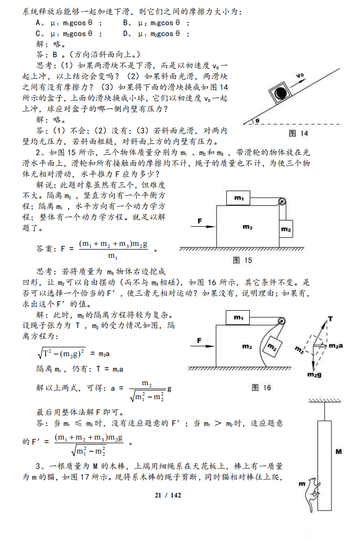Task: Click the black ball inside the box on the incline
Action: [281, 93]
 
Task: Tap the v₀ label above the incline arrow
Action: [300, 76]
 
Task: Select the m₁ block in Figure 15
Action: [239, 198]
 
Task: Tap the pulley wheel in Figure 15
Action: [281, 202]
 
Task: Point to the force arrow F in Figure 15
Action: [201, 225]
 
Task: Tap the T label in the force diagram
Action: [330, 317]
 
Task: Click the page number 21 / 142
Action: [168, 495]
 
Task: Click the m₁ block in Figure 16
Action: [239, 317]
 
